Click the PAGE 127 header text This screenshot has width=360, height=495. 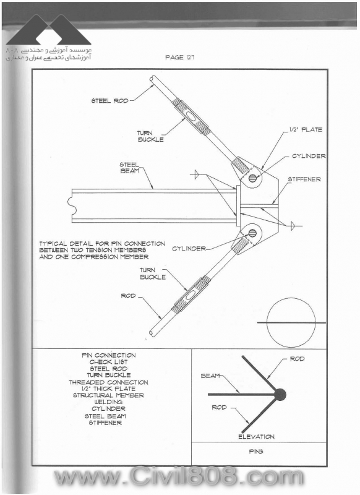[x=179, y=57]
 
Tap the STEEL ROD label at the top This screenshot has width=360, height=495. [x=110, y=101]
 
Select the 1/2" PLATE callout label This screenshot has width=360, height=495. [x=306, y=129]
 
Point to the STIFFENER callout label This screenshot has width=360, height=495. [x=304, y=179]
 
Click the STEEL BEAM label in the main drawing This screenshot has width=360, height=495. [x=129, y=168]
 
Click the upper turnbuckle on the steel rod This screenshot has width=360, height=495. [x=191, y=116]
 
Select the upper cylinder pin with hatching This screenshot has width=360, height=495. [x=252, y=178]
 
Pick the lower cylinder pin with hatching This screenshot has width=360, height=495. [x=252, y=233]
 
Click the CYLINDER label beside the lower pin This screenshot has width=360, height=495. [x=189, y=249]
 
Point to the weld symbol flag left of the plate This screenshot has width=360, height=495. [x=195, y=174]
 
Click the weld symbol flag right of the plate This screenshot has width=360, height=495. [x=293, y=226]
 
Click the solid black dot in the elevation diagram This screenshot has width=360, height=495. [x=280, y=394]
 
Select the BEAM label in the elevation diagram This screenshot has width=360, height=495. [x=210, y=376]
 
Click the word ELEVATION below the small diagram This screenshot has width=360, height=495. [x=256, y=437]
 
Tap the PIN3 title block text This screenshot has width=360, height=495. [x=256, y=452]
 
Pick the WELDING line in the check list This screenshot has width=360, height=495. [x=108, y=402]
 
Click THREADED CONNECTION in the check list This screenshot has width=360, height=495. [x=108, y=382]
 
